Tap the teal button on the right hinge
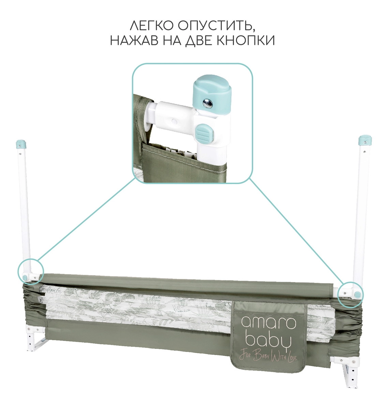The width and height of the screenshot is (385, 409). pyautogui.click(x=357, y=294)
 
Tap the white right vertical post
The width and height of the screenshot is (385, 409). pyautogui.click(x=360, y=211)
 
